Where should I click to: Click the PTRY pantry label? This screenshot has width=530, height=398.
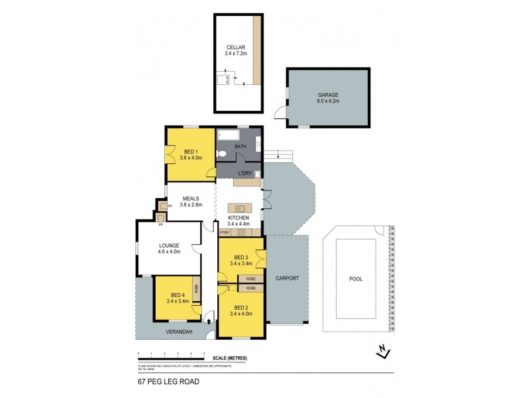pyautogui.click(x=225, y=232)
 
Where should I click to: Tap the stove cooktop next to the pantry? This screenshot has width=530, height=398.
pyautogui.click(x=242, y=232)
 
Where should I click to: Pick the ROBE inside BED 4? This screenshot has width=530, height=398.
pyautogui.click(x=196, y=289)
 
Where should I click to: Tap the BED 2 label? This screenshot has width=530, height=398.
pyautogui.click(x=241, y=308)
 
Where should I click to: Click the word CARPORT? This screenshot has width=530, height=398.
pyautogui.click(x=288, y=279)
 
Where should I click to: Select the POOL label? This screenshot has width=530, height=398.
pyautogui.click(x=356, y=279)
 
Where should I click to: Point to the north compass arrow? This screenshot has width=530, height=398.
pyautogui.click(x=382, y=352)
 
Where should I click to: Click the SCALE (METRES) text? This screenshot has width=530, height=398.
pyautogui.click(x=230, y=358)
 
